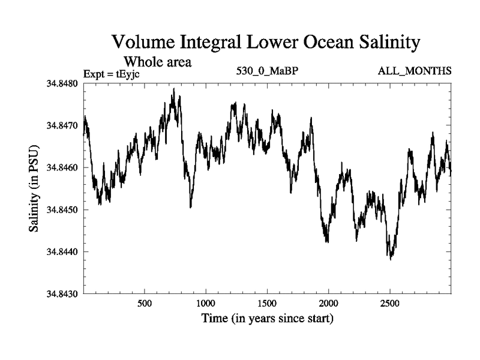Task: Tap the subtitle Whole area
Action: tap(157, 61)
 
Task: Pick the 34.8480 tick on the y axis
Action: tap(62, 83)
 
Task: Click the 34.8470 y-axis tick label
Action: tap(62, 125)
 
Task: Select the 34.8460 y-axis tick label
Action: tap(62, 167)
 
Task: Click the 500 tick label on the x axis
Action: tap(145, 304)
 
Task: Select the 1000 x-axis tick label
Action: tap(206, 304)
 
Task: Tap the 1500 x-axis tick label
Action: tap(268, 304)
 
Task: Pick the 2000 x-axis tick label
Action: tap(329, 304)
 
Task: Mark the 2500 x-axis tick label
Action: tap(390, 304)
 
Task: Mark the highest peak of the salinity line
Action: tap(173, 89)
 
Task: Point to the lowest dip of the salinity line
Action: tap(391, 259)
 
